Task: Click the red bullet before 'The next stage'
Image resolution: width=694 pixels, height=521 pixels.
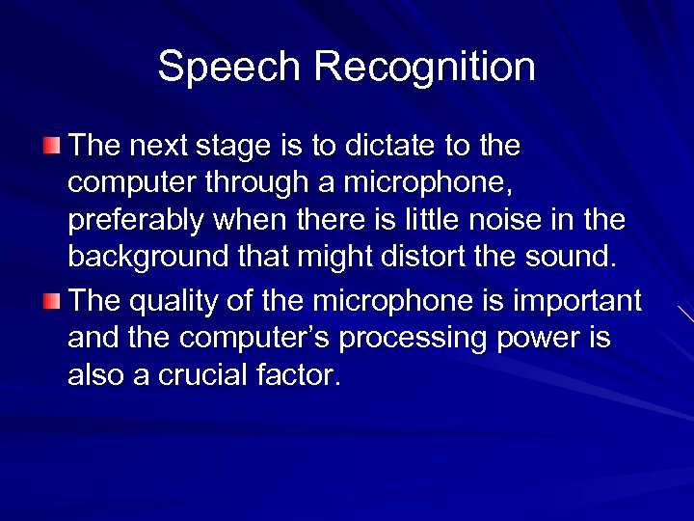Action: point(51,146)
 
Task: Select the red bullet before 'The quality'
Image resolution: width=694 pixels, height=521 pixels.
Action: point(51,300)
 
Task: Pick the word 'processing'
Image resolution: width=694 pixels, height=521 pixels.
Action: point(413,340)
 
